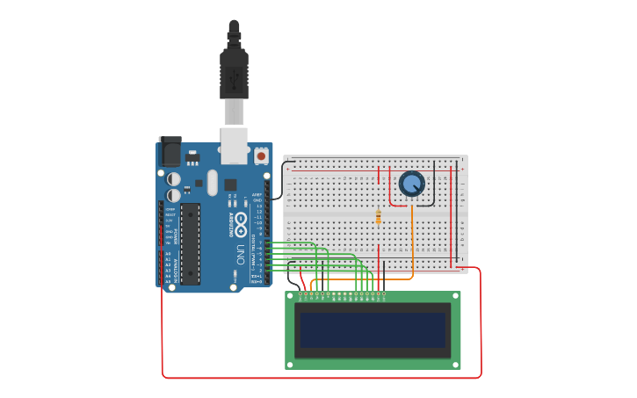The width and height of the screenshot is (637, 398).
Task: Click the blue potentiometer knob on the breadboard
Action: click(x=411, y=184)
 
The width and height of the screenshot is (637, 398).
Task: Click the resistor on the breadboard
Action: click(x=378, y=216)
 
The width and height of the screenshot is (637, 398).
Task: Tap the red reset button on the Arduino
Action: click(x=261, y=156)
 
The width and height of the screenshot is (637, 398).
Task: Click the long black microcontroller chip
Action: click(x=191, y=243)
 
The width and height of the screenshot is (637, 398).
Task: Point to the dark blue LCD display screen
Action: click(x=372, y=329)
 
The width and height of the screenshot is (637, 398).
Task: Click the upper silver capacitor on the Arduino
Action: click(x=174, y=177)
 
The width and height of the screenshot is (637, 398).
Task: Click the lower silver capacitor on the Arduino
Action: click(x=174, y=194)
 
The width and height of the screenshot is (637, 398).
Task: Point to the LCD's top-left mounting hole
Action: click(x=291, y=297)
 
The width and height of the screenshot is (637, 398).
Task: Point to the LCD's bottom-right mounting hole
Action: click(x=454, y=363)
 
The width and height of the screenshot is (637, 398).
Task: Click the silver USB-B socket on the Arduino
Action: click(x=234, y=146)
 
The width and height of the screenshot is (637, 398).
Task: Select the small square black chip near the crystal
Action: click(x=230, y=185)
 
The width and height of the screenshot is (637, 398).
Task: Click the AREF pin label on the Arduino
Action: click(x=257, y=194)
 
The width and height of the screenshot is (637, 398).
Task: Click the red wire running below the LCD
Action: click(x=316, y=378)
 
